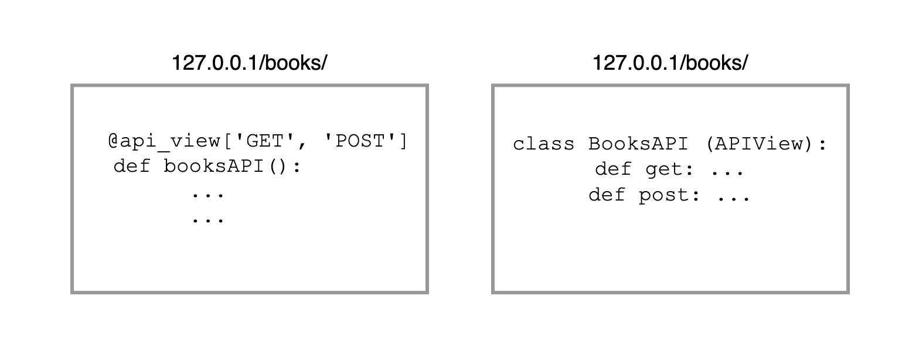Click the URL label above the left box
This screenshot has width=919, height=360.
[x=249, y=63]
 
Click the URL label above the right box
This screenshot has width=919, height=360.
[x=670, y=63]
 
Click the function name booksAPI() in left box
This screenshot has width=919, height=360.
[x=232, y=167]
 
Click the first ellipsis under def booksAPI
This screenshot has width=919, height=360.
[x=208, y=193]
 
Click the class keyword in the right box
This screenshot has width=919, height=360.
[x=543, y=144]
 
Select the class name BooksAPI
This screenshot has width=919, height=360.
[x=638, y=144]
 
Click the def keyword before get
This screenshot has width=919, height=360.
[x=613, y=170]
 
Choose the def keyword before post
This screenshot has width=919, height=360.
[x=607, y=195]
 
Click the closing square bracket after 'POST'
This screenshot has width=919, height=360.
[x=402, y=141]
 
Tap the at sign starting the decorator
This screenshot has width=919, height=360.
[x=114, y=141]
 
